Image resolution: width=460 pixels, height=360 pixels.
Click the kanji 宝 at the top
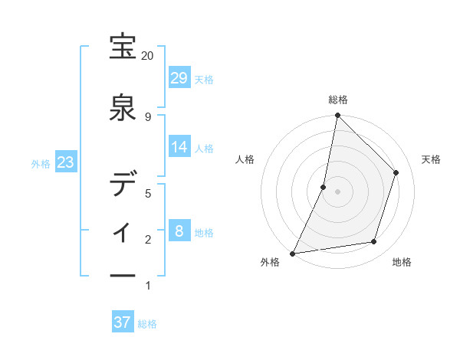[123, 47]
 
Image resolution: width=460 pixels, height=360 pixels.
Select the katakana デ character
[123, 185]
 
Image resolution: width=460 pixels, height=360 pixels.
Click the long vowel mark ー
[123, 277]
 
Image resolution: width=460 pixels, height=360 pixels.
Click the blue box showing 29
[179, 78]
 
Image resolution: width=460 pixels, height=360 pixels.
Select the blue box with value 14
[179, 147]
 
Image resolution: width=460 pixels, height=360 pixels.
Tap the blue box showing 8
[179, 231]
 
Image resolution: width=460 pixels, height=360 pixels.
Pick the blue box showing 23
[66, 162]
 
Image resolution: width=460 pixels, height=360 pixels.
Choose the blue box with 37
[123, 322]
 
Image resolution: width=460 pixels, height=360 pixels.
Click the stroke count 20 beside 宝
[148, 56]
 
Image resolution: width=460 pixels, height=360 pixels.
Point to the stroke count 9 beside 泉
[148, 116]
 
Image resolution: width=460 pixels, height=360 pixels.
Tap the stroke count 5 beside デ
[148, 194]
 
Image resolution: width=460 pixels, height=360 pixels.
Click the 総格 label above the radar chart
[337, 100]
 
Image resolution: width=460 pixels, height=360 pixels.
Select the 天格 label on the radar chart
[432, 159]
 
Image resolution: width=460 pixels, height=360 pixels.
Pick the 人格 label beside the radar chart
[245, 159]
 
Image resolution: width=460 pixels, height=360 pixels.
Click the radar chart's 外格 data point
[292, 253]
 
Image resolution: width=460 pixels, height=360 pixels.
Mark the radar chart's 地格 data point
[374, 242]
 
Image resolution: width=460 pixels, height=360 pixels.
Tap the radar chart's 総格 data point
[337, 116]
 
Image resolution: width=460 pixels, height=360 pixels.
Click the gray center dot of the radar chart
[337, 191]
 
